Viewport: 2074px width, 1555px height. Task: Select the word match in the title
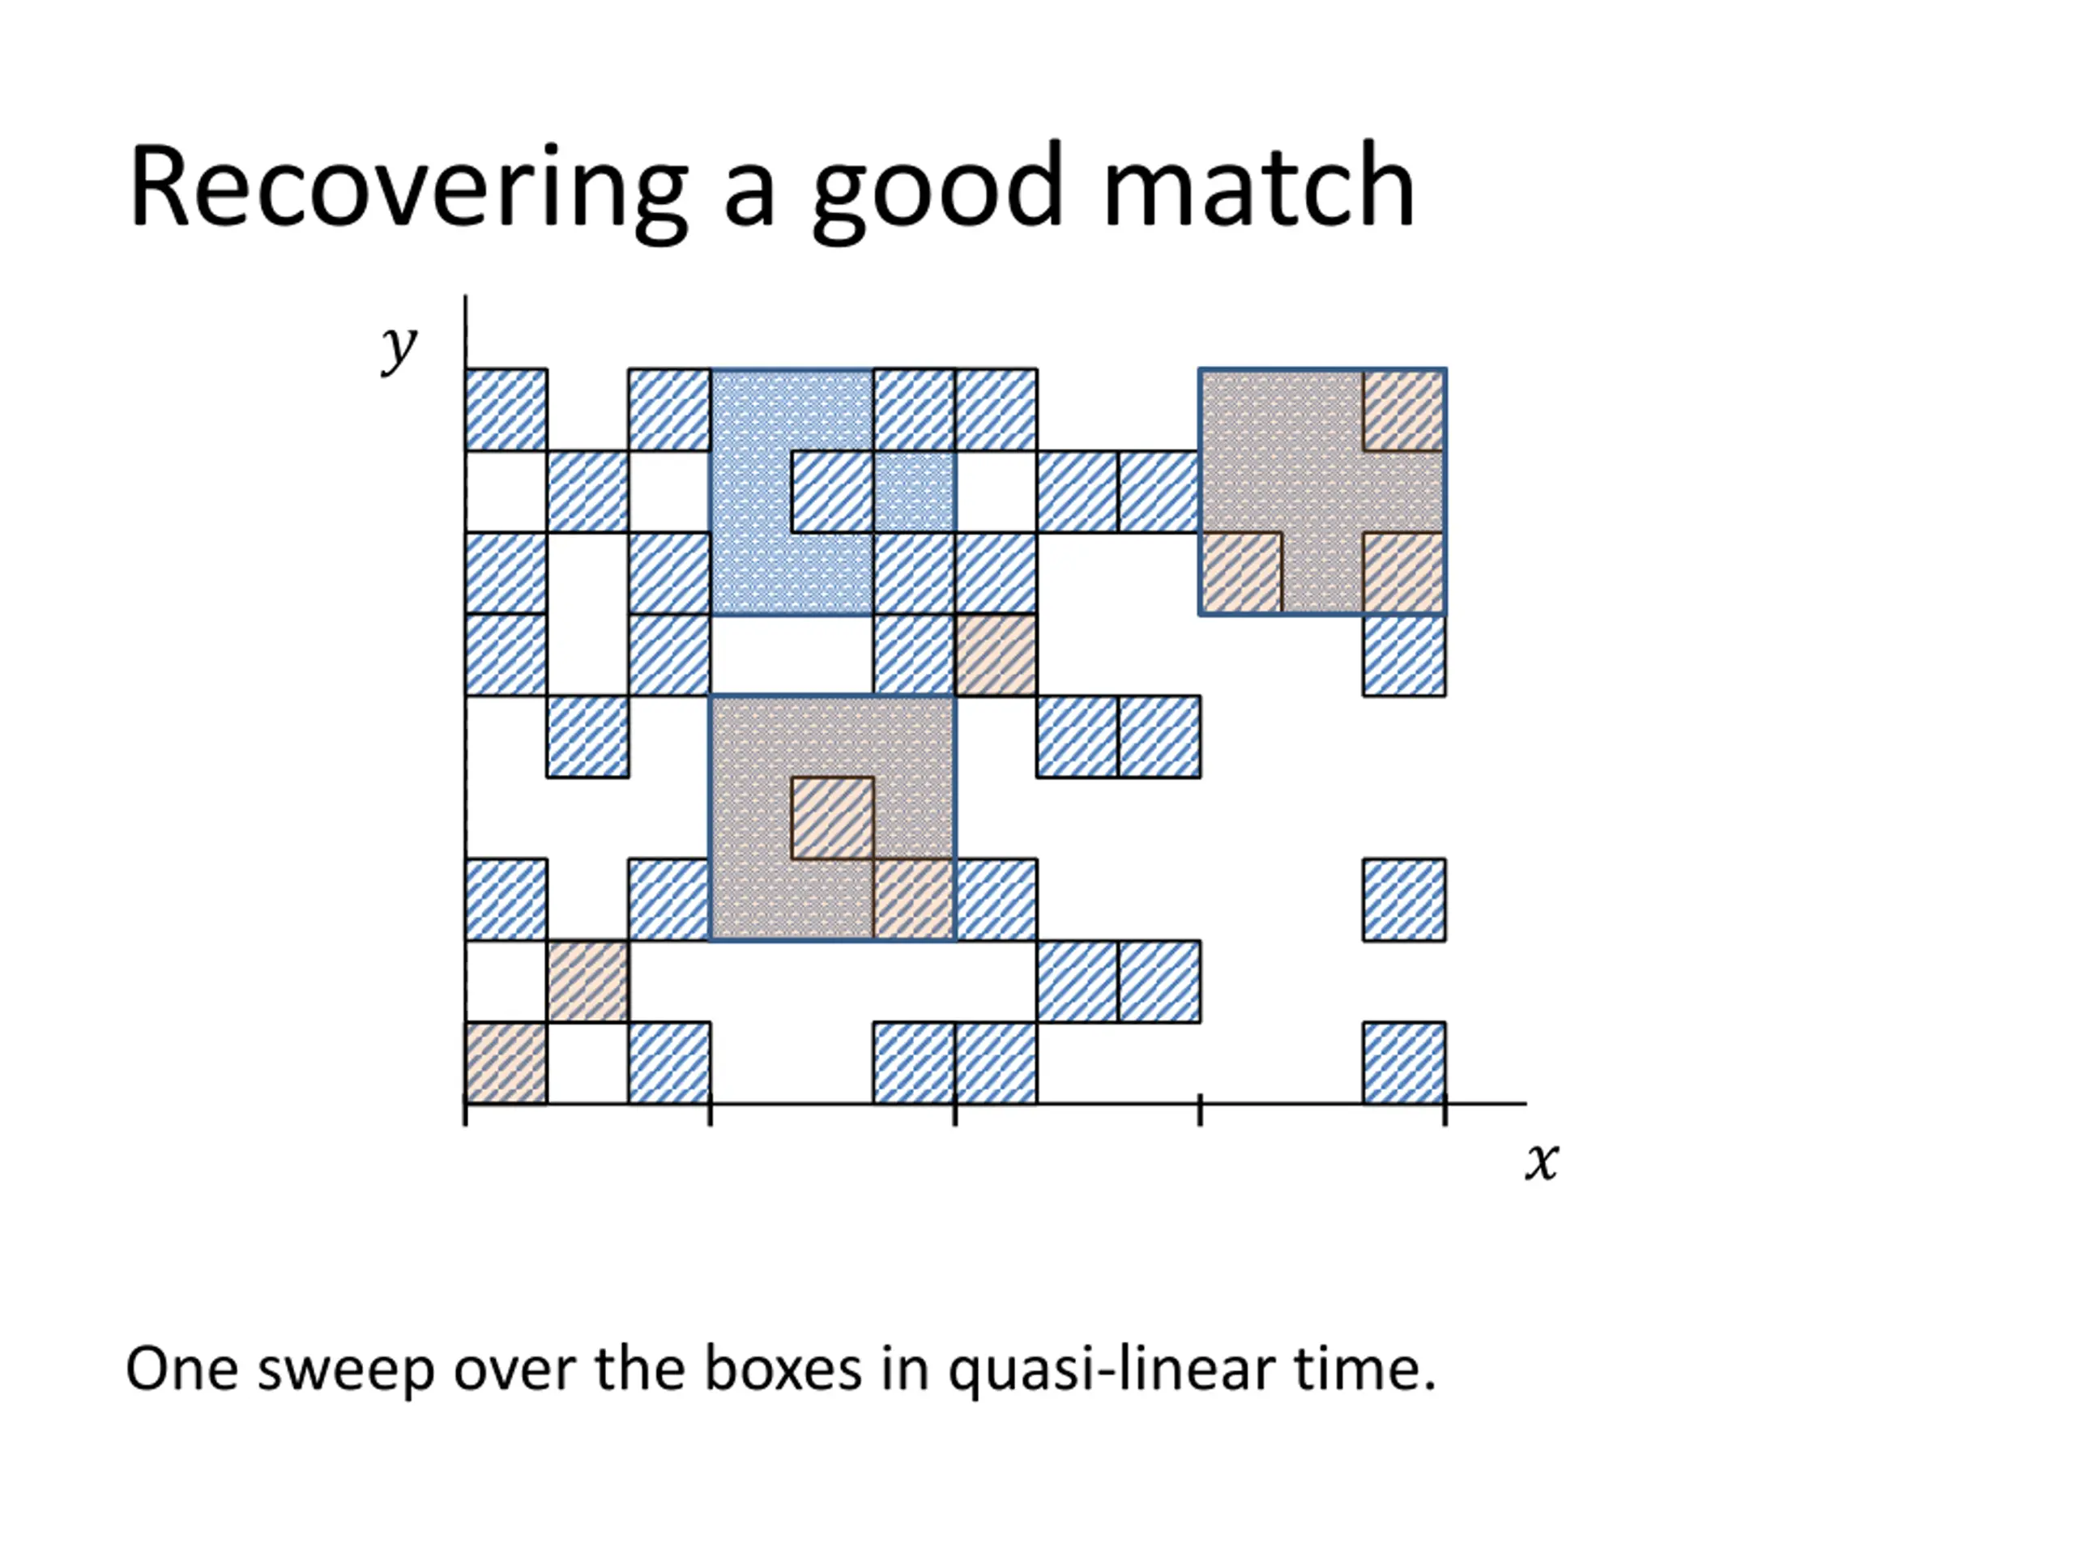coord(1258,187)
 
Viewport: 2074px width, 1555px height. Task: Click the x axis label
coord(1540,1161)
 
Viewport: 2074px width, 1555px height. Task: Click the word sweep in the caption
coord(345,1370)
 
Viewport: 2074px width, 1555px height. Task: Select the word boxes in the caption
coord(783,1370)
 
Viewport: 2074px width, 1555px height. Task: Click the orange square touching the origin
coord(506,1063)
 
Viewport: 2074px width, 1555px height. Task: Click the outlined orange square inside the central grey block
coord(833,818)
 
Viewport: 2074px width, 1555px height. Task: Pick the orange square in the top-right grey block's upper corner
coord(1404,411)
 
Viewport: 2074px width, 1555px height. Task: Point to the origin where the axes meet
coord(466,1103)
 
